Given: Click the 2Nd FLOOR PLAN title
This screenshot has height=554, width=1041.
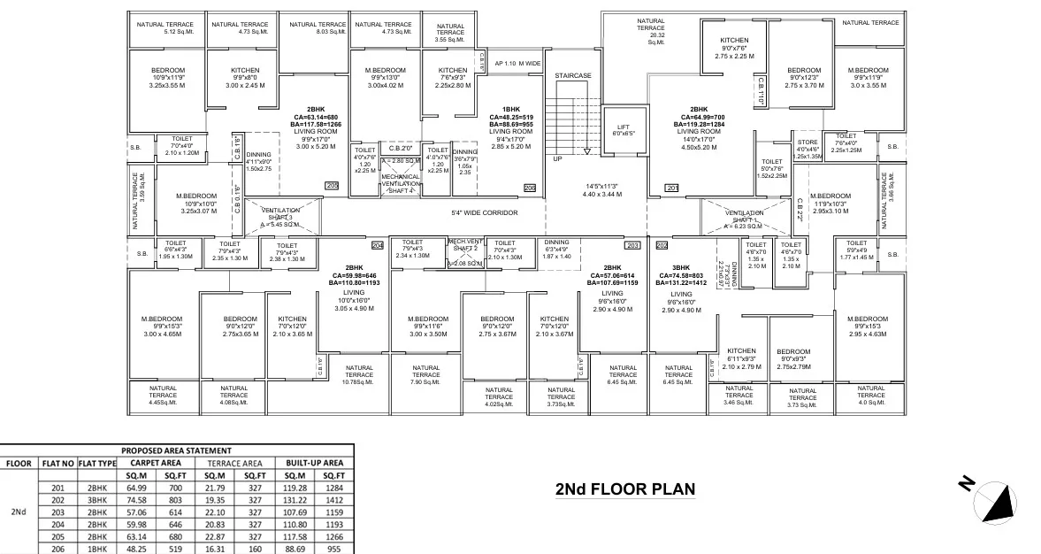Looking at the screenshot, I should click(624, 489).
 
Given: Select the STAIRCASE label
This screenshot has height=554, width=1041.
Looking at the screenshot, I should click(572, 76).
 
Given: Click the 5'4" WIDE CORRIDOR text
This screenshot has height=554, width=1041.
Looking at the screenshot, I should click(484, 213).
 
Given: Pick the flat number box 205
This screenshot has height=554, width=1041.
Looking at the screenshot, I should click(332, 185).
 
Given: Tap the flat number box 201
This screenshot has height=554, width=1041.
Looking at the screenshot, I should click(671, 188).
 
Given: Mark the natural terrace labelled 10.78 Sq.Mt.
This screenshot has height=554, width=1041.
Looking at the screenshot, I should click(359, 374).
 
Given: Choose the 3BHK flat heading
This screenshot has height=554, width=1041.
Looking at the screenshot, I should click(681, 267).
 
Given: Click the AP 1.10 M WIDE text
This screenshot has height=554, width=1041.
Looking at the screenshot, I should click(517, 64).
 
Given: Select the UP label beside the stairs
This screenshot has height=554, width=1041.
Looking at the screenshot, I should click(557, 158).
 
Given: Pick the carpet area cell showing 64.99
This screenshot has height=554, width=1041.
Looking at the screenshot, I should click(137, 488).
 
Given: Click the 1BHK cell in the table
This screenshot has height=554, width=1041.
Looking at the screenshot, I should click(96, 549).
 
